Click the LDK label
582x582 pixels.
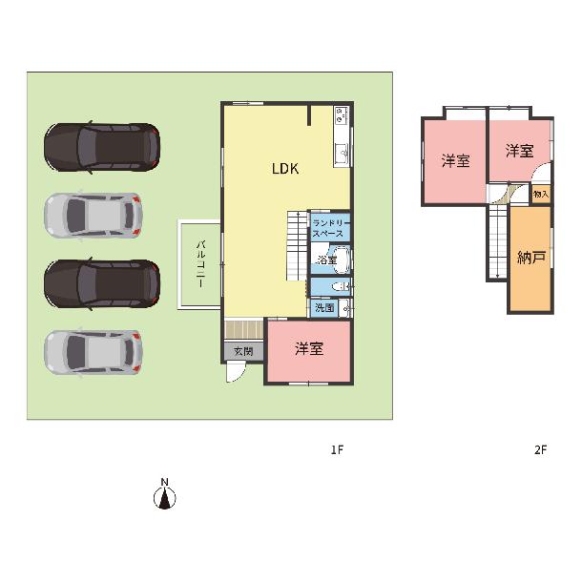tap(285, 169)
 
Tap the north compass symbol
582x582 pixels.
tap(165, 496)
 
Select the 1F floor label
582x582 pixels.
tap(337, 450)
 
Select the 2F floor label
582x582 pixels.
tap(540, 450)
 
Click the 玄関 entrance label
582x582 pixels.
tap(243, 351)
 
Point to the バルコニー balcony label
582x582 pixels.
tap(200, 264)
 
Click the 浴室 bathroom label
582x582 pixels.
tap(327, 260)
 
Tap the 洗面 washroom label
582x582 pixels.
tap(324, 308)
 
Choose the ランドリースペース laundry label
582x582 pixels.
tap(330, 228)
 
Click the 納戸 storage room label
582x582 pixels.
tap(531, 258)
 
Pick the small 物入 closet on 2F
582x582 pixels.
tap(540, 194)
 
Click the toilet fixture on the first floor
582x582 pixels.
tap(342, 287)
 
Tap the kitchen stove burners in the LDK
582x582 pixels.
tap(341, 114)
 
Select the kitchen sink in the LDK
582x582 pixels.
tap(341, 153)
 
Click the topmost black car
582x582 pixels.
tap(102, 147)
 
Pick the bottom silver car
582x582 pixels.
tap(94, 351)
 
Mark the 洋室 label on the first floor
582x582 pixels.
tap(309, 348)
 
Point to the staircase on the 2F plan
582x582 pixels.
tap(498, 242)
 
